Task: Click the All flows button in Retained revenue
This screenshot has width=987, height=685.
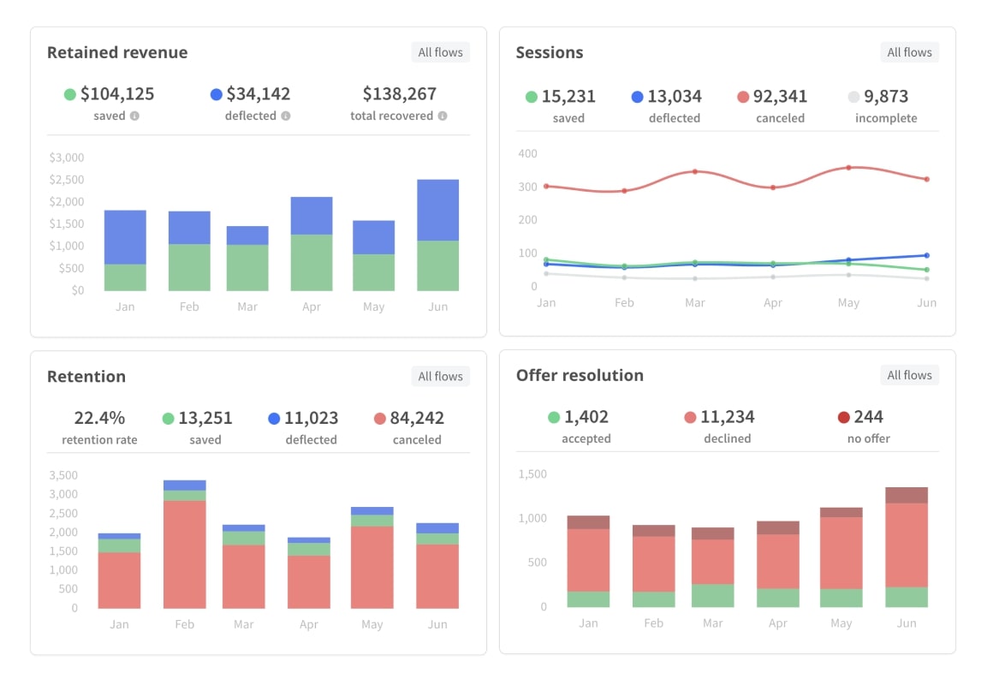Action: click(440, 52)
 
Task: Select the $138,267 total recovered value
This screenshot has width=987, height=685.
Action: click(399, 93)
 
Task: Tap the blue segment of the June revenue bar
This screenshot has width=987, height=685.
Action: click(437, 210)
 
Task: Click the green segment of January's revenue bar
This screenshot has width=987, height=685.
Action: click(125, 277)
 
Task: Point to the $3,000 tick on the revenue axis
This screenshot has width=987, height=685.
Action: click(67, 158)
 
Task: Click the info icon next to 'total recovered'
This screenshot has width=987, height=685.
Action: click(443, 116)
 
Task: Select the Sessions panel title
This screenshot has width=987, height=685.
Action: click(549, 52)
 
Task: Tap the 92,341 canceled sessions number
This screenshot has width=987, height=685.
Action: click(780, 96)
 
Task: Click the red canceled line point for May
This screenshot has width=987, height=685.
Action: click(848, 168)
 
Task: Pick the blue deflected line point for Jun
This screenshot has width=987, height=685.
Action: click(926, 255)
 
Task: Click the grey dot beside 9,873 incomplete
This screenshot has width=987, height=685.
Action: click(853, 97)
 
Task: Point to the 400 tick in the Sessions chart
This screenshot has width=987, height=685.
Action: click(527, 154)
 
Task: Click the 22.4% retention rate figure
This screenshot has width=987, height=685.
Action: click(99, 418)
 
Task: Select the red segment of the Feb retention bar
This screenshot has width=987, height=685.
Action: click(185, 554)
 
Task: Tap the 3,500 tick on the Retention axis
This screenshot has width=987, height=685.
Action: click(63, 475)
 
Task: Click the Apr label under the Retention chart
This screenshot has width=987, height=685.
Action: click(309, 624)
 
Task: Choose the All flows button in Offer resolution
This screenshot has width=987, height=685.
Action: click(909, 375)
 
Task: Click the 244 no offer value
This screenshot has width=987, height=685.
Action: click(869, 417)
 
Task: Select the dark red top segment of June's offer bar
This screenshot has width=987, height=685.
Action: click(907, 495)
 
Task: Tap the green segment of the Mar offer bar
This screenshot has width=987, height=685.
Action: click(713, 595)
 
